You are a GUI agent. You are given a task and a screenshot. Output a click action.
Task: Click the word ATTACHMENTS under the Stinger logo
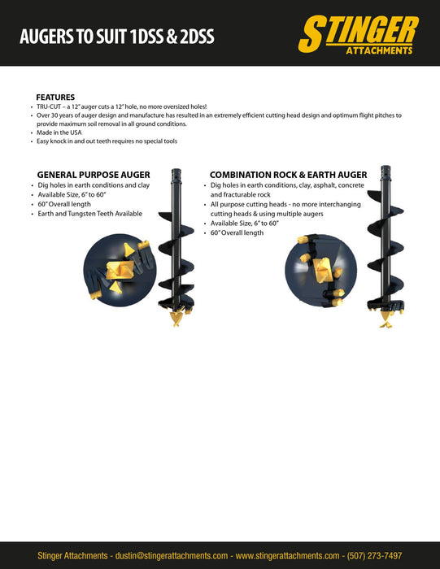[x=379, y=50]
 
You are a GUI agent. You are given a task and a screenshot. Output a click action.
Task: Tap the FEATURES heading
[x=55, y=98]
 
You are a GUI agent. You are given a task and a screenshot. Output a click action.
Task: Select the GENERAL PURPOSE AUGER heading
[x=94, y=175]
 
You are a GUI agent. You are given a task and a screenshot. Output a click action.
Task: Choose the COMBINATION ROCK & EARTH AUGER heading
[x=288, y=175]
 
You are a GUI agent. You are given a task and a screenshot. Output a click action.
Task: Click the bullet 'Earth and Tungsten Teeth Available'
[x=90, y=214]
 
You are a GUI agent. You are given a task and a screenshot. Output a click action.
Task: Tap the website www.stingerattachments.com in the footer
[x=287, y=555]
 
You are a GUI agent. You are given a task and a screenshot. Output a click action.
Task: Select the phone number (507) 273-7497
[x=374, y=555]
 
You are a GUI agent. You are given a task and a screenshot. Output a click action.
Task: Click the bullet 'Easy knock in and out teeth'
[x=107, y=141]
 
